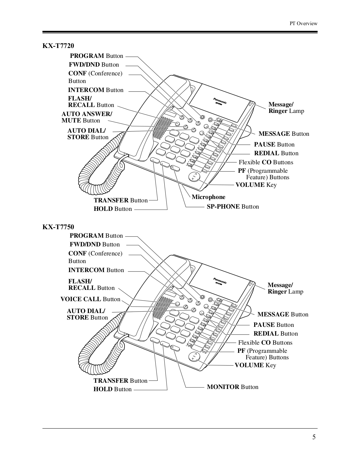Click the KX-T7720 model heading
pos(58,46)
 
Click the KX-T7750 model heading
pos(58,227)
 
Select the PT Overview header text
pos(304,24)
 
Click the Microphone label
pos(208,197)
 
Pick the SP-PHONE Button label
pos(233,207)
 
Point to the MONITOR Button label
pos(232,387)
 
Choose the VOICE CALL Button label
pos(90,299)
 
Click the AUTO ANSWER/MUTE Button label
pos(86,117)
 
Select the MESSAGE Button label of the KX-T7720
pos(283,134)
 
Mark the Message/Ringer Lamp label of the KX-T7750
pos(285,288)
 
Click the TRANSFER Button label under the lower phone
pos(120,381)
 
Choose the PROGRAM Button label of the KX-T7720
pos(97,56)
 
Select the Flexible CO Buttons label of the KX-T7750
pos(265,343)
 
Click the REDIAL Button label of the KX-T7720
pos(276,153)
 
